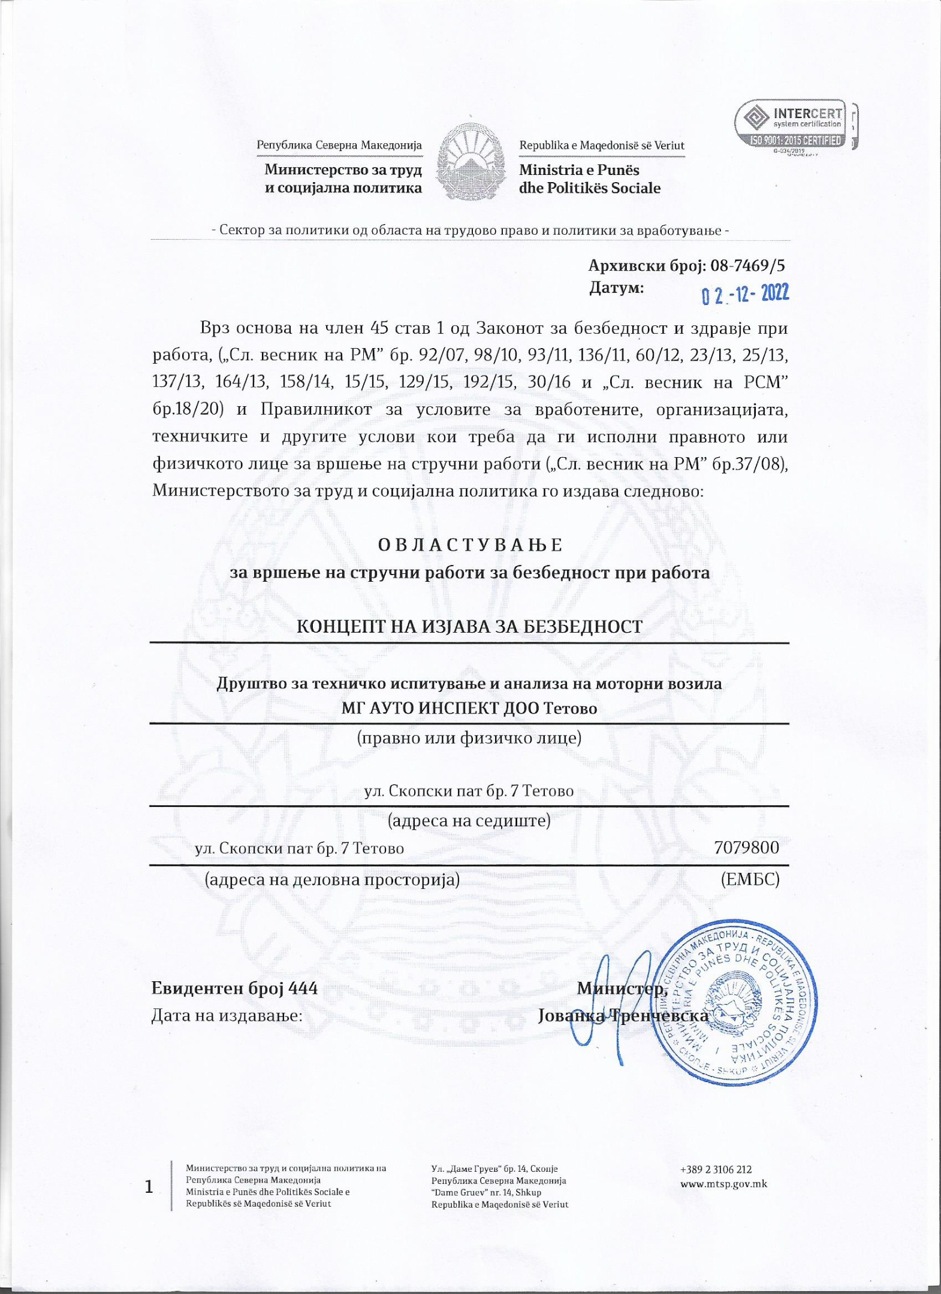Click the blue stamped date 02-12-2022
746,294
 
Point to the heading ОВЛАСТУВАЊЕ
470,545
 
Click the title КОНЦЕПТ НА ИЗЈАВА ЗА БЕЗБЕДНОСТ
470,627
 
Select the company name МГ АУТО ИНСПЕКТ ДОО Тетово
469,708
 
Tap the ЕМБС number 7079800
746,848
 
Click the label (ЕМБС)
750,879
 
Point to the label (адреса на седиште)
469,820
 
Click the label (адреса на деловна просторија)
332,879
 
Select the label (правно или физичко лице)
469,737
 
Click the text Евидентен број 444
234,988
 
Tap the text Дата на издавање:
227,1015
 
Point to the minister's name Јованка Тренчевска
623,1015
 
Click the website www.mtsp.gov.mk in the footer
723,1184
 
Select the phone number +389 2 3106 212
716,1169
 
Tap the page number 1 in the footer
149,1187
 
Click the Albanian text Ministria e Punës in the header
579,170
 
